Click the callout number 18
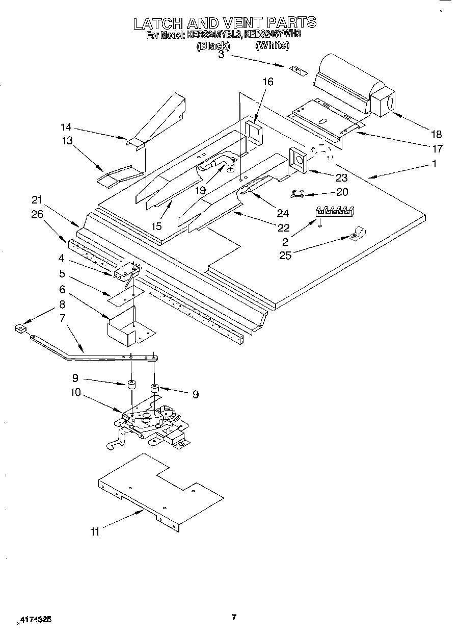click(436, 134)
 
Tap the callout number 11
click(95, 532)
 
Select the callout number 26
click(37, 214)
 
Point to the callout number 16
click(268, 82)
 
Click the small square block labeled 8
click(20, 329)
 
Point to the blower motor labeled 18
click(357, 89)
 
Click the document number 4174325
click(34, 620)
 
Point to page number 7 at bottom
click(233, 618)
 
